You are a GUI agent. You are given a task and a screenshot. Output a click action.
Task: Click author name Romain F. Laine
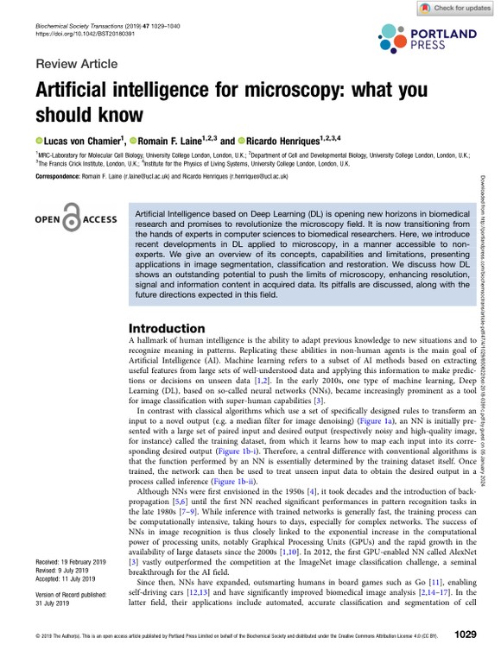coord(169,139)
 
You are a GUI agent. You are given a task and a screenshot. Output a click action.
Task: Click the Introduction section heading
coord(167,328)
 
